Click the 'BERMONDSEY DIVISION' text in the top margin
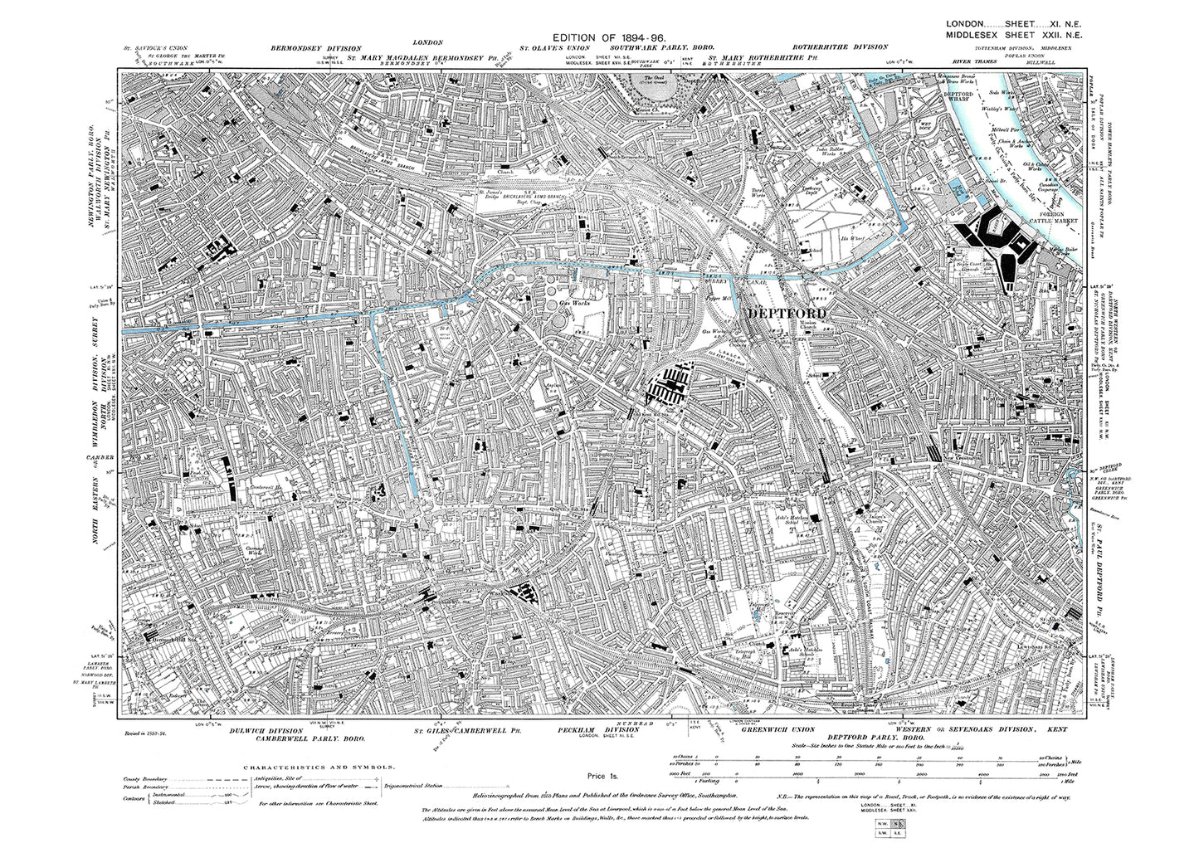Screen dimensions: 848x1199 click(310, 47)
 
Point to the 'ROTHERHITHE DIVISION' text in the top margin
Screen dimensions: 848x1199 click(840, 47)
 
